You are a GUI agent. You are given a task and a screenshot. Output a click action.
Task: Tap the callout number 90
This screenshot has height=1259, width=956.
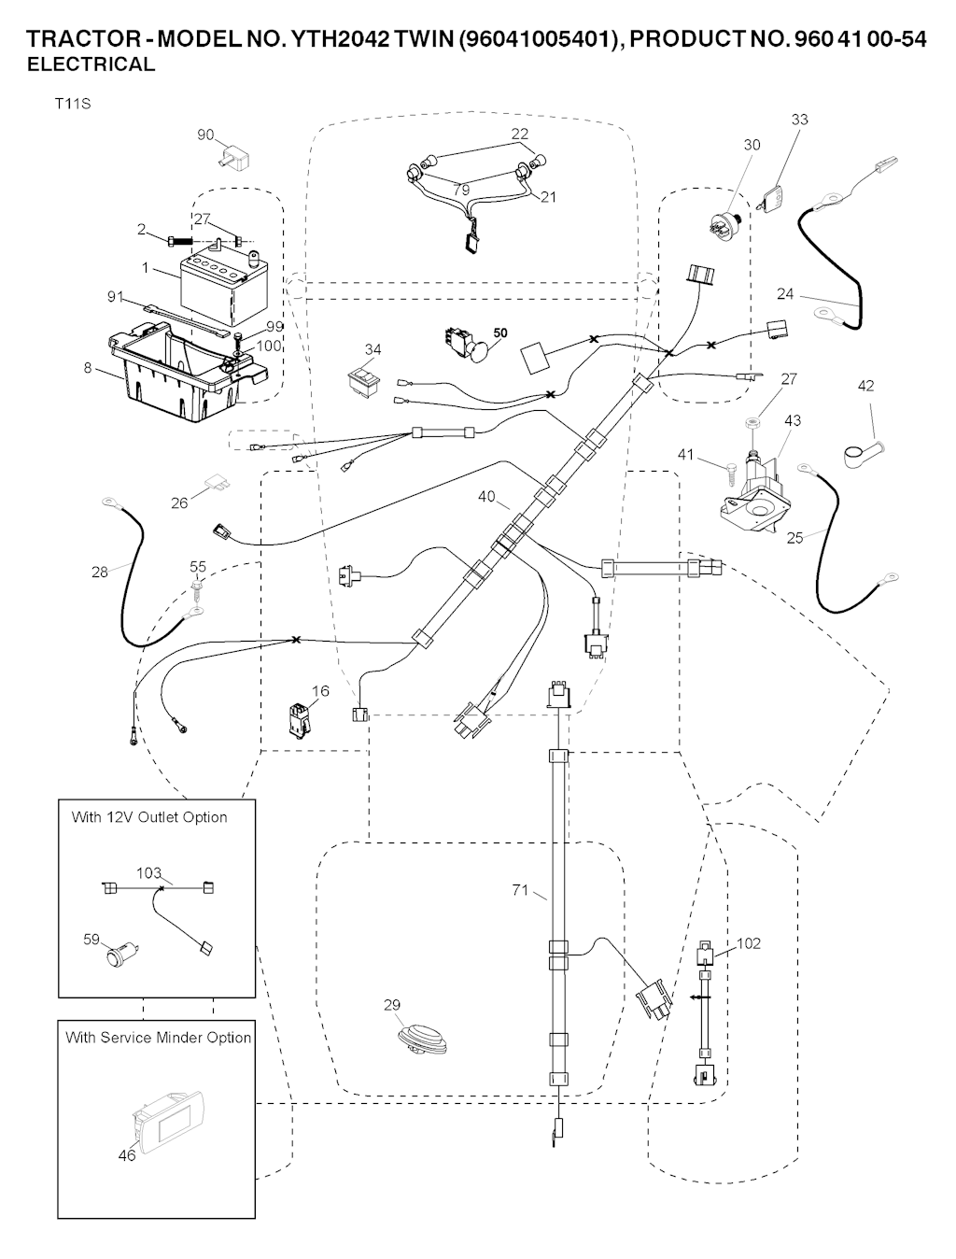click(x=205, y=135)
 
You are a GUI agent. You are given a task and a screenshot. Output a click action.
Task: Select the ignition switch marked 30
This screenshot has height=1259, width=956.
click(x=724, y=224)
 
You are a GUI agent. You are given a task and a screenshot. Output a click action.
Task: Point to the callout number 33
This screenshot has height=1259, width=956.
click(x=800, y=120)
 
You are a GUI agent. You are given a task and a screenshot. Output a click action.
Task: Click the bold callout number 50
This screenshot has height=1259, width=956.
click(x=500, y=333)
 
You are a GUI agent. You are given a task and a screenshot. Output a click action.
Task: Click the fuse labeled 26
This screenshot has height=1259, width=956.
click(x=219, y=483)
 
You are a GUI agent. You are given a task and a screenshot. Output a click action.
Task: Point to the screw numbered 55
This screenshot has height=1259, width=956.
click(x=197, y=588)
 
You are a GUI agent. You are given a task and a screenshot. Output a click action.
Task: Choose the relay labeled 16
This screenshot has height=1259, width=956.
click(x=299, y=720)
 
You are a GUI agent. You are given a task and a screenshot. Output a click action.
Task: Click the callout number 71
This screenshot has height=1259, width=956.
click(x=520, y=890)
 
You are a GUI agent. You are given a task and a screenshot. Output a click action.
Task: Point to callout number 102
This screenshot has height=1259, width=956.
click(x=749, y=943)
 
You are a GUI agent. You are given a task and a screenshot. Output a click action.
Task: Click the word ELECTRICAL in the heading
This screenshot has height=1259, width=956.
click(x=91, y=64)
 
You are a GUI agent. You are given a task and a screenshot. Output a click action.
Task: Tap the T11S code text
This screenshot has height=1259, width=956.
click(x=72, y=104)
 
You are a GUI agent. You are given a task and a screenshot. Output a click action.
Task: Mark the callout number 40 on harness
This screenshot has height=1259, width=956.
click(x=486, y=497)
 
